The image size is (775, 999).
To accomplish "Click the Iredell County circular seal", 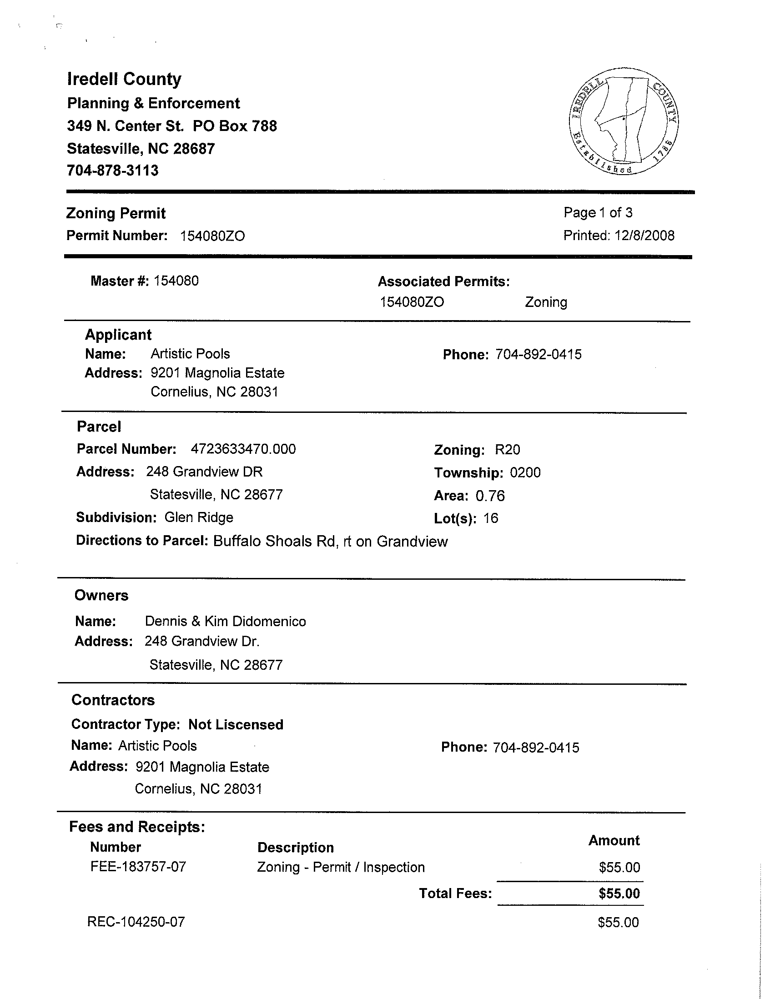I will pos(624,121).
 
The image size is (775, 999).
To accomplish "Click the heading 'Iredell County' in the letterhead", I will pos(125,79).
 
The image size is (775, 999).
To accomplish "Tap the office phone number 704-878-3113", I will pos(112,171).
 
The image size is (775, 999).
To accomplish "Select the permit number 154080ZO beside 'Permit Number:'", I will pos(212,236).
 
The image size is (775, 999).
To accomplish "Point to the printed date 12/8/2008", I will pos(644,236).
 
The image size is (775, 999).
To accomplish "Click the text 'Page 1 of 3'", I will pos(598,212).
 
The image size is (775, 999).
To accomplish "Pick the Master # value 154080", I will pos(176,281).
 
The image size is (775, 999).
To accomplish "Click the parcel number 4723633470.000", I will pos(243,449).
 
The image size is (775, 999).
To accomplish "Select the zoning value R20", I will pos(508,450).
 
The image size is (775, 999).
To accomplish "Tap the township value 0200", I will pos(525,472).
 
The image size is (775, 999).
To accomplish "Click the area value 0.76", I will pos(490,496).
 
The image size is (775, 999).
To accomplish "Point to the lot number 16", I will pos(490,518).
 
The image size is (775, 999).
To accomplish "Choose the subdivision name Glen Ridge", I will pos(199,517).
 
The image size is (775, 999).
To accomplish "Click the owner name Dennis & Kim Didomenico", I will pos(225,621).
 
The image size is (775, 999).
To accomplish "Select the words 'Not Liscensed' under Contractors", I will pos(236,724).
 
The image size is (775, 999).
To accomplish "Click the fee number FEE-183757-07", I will pos(138,867).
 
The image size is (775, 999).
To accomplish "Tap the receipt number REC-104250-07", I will pos(136,922).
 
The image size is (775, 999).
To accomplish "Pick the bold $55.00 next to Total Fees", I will pos(619,894).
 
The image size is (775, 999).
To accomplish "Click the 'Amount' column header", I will pos(614,840).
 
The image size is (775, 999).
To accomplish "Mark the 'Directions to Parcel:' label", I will pos(142,541).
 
